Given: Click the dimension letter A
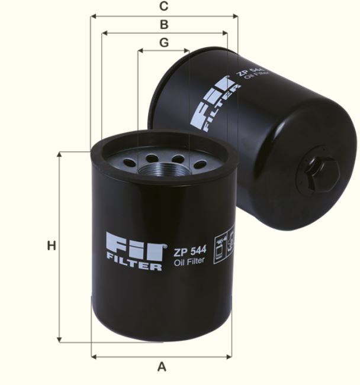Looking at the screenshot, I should click(x=162, y=367).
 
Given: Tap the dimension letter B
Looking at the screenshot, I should click(x=164, y=25).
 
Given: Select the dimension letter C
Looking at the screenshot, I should click(x=164, y=7).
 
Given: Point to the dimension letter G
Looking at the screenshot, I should click(x=164, y=43).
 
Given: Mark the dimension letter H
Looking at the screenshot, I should click(x=52, y=245).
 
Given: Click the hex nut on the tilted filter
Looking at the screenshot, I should click(x=322, y=173).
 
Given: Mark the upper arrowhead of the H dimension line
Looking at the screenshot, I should click(x=60, y=156).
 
